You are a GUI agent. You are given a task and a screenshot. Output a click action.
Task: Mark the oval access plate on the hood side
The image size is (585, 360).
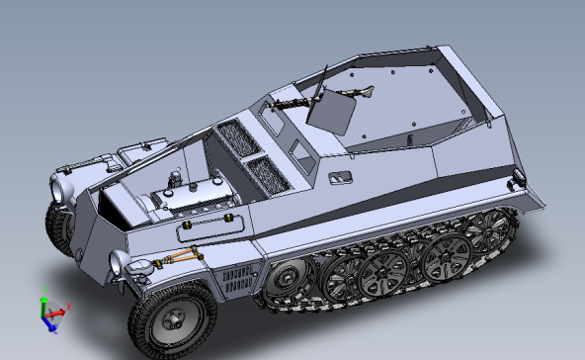209,228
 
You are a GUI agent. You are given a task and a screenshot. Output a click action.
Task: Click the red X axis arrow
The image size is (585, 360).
63,310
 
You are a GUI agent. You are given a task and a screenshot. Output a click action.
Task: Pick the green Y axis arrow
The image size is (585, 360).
43,298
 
